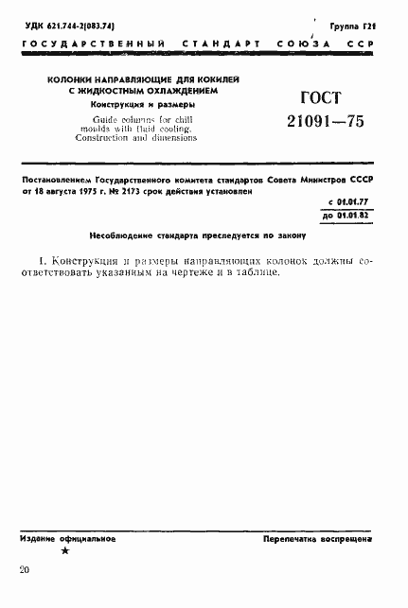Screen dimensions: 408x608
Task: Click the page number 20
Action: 25,570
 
